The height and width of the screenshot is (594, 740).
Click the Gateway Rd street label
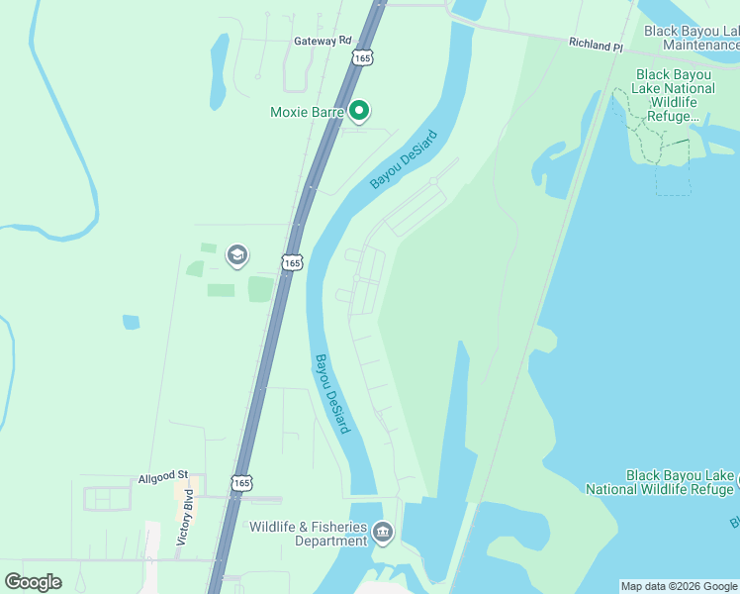click(323, 41)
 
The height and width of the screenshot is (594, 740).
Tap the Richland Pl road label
click(596, 46)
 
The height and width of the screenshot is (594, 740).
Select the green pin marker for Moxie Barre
click(360, 112)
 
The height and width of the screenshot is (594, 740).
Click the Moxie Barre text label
click(307, 112)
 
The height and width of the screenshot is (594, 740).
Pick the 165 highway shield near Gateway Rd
click(363, 58)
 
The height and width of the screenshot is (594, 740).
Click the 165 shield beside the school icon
click(291, 261)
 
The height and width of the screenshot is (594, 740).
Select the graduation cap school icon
click(235, 256)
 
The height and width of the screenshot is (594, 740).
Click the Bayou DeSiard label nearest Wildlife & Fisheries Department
click(331, 393)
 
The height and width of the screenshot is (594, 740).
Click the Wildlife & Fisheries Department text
click(308, 534)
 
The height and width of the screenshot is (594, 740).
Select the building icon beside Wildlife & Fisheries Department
click(383, 535)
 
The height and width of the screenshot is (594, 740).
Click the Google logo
click(33, 582)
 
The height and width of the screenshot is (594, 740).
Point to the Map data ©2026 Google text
click(679, 586)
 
